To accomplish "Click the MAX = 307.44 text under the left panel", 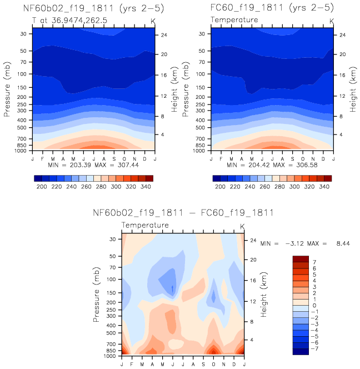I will point(119,165).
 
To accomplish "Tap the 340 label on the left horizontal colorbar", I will point(146,188).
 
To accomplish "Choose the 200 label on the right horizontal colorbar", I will point(220,188).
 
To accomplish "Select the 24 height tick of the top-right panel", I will point(343,34).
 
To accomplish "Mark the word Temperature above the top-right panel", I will point(234,20).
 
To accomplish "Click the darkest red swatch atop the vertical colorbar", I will point(301,258).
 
